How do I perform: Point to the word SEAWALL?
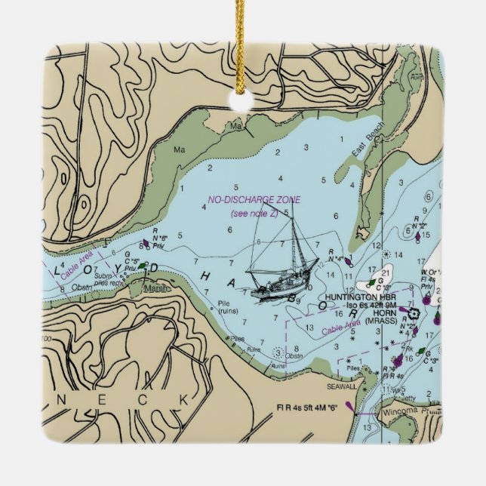(x=341, y=386)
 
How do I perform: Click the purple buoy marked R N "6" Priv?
(x=146, y=244)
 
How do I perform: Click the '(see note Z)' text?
(x=254, y=214)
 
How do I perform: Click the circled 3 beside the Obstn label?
(x=278, y=352)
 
